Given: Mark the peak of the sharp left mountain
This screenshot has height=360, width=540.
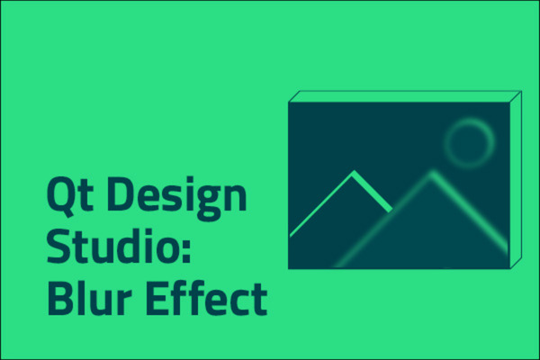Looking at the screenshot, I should point(354,173).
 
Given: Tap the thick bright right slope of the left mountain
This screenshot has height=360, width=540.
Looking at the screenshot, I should point(373,191).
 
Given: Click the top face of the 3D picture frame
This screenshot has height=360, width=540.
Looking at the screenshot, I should point(405,95).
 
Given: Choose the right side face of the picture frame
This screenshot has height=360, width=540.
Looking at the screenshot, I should point(516,180).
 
